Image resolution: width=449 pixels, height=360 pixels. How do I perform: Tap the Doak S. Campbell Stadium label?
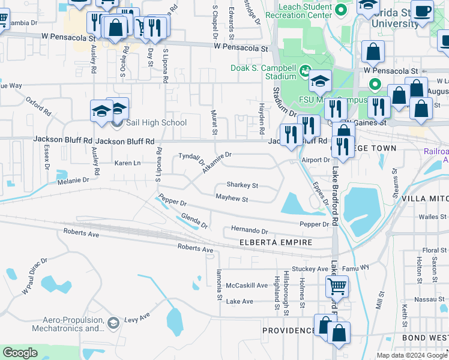264,72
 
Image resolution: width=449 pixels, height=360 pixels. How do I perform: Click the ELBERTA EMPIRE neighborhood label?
276,242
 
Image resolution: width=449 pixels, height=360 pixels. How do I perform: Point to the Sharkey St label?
242,186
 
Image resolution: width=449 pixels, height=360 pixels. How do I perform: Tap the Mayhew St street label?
232,199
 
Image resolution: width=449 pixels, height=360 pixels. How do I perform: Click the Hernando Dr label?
249,230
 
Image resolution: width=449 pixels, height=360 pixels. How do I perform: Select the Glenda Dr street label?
194,222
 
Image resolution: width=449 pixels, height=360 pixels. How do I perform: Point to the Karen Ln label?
127,163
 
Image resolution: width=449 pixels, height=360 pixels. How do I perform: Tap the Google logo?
20,353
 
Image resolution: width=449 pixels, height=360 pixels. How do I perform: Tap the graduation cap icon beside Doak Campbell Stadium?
321,81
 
